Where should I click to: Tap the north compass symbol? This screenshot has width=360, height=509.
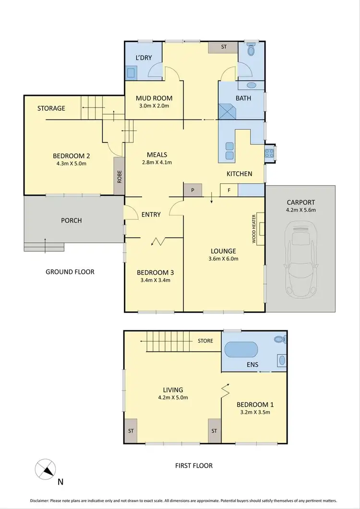tap(45, 468)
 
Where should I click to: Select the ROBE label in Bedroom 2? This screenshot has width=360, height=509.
tap(119, 176)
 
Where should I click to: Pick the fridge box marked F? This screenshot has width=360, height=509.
tap(229, 190)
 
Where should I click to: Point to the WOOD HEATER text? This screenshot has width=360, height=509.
tap(254, 229)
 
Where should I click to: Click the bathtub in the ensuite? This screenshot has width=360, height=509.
tap(241, 350)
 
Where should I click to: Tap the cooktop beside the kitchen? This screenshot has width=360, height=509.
tap(269, 154)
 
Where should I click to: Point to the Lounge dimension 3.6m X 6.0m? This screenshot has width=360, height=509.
tap(224, 259)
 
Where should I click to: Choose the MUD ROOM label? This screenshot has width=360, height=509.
tap(147, 98)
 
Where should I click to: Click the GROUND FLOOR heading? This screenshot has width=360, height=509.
tap(70, 272)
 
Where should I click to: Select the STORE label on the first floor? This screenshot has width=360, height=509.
tap(205, 341)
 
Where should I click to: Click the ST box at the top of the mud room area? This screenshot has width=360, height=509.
tap(223, 47)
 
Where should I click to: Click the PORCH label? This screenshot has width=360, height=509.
tap(72, 221)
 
